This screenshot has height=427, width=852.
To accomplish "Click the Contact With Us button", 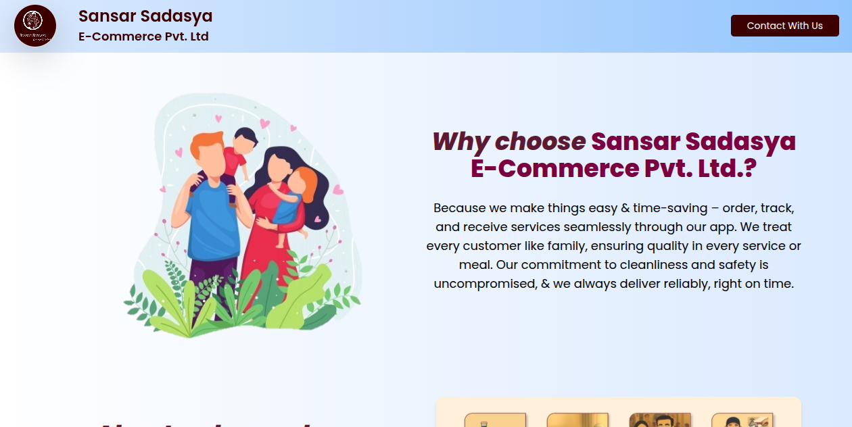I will point(784,26).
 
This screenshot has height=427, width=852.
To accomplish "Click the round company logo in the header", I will point(35,26).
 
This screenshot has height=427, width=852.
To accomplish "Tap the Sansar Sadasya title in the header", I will point(145,16).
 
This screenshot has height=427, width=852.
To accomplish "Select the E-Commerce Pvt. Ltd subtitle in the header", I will point(143,36).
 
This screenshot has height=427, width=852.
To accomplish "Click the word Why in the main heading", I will point(460,142).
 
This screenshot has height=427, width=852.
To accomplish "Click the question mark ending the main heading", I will point(749,169).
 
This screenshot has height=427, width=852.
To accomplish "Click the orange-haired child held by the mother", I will point(298,196).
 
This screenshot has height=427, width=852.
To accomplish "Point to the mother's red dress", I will point(267,250).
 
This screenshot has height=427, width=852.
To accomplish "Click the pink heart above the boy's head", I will point(264,124).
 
